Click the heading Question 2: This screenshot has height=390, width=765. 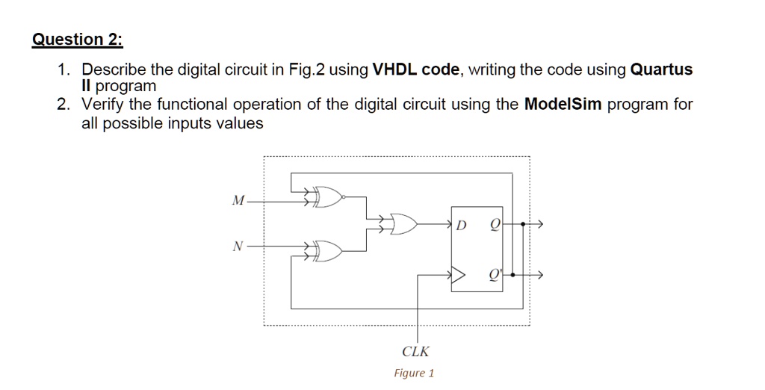pos(78,39)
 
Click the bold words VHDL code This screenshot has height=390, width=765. pos(415,69)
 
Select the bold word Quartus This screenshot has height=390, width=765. pos(662,69)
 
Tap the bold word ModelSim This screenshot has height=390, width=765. pos(563,104)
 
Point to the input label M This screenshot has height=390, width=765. pos(238,200)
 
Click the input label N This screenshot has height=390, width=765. pos(238,247)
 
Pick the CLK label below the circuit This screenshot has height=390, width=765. pos(415,351)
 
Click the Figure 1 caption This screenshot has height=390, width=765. pos(414,374)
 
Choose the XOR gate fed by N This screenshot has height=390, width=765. pos(328,251)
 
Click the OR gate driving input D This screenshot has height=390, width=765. pos(403,224)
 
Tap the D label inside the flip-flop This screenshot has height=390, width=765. pos(461,226)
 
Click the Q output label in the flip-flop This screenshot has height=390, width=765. pos(495,225)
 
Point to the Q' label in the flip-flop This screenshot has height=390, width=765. pos(495,276)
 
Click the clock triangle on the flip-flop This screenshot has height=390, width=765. pos(458,275)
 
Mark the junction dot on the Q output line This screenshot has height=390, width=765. pos(523,224)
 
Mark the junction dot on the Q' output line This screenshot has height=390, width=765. pos(512,275)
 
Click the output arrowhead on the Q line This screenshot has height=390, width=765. pos(539,224)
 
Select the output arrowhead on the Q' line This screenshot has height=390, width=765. pos(539,275)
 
